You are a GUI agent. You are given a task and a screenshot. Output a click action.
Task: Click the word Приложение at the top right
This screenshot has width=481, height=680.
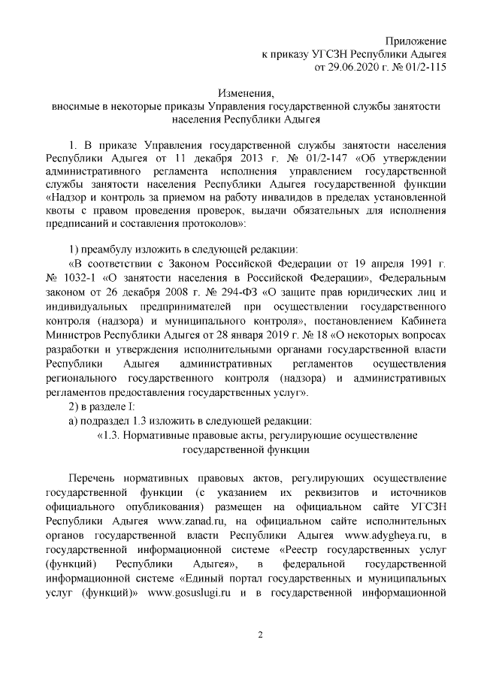coord(416,40)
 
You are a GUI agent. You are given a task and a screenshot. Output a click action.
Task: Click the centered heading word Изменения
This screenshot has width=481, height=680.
coord(246,94)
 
